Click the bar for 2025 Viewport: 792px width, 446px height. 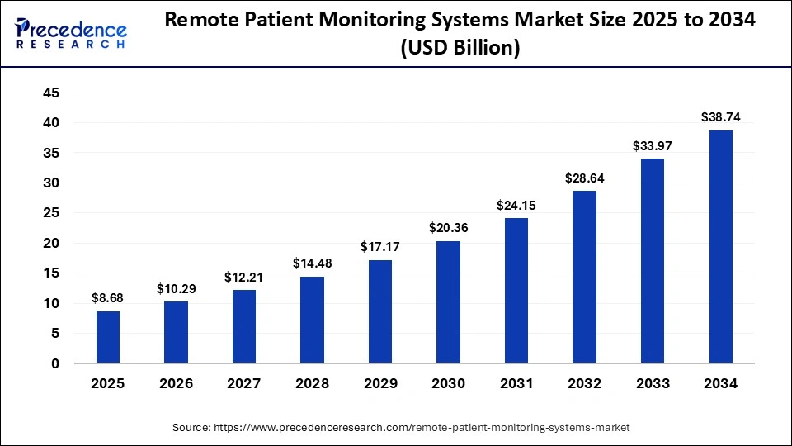(x=108, y=337)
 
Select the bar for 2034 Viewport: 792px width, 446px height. (x=720, y=247)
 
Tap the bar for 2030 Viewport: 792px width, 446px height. (x=448, y=302)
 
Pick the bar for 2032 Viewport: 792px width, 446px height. (x=584, y=278)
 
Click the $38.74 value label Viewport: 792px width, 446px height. (x=720, y=117)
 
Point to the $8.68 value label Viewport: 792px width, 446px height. (x=108, y=298)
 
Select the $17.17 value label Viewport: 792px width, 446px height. (x=380, y=247)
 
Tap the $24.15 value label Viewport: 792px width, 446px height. (x=516, y=205)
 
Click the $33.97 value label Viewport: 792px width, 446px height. (x=653, y=145)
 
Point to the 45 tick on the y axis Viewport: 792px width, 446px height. (x=51, y=93)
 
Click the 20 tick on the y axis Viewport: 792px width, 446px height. (x=51, y=244)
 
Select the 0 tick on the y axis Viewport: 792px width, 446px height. (x=55, y=363)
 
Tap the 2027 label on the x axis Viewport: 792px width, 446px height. (x=244, y=384)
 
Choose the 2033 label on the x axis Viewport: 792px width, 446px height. (x=653, y=384)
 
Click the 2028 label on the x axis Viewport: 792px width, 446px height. (x=312, y=384)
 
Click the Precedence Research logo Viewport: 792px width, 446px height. (x=71, y=31)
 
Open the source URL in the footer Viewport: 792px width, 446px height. (x=422, y=427)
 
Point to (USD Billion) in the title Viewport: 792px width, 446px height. (x=460, y=49)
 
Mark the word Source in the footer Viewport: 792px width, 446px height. (x=191, y=427)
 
